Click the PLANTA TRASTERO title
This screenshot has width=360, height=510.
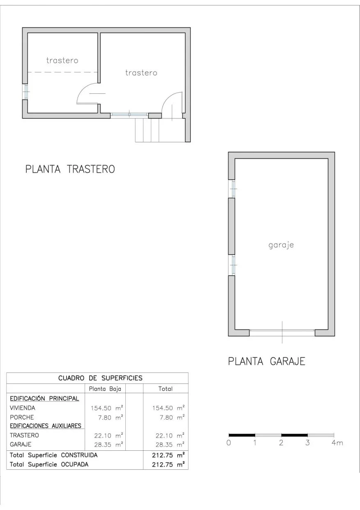(70, 169)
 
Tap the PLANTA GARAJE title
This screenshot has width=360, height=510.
(266, 362)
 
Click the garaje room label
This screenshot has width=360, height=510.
(281, 245)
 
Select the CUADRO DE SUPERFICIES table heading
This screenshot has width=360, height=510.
(100, 378)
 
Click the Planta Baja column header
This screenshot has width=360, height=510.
(105, 389)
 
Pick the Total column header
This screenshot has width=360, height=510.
(166, 389)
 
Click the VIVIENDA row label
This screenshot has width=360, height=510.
(22, 408)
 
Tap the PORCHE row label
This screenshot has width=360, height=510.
(22, 417)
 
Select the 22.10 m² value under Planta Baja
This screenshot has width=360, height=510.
(108, 435)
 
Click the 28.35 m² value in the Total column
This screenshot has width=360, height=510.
(170, 445)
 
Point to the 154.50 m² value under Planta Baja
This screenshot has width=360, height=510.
(107, 408)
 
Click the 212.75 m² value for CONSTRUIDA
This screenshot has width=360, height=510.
(168, 455)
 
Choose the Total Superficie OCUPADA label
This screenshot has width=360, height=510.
(49, 464)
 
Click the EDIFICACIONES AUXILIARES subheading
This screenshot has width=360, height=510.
(46, 426)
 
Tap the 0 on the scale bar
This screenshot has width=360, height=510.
(228, 443)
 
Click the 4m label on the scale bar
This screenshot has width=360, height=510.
(337, 443)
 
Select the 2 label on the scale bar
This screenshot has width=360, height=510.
(281, 443)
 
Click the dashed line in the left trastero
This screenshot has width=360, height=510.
(62, 72)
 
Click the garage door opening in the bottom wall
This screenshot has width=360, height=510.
(282, 333)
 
